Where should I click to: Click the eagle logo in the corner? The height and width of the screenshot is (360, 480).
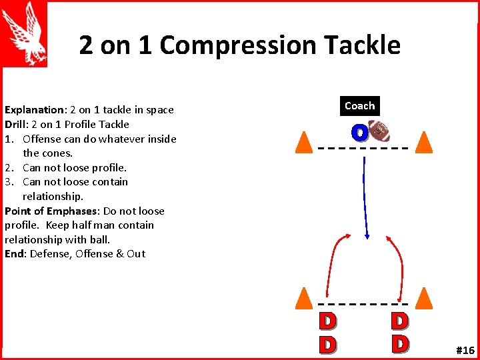(x=25, y=33)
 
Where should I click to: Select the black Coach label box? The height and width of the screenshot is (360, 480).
(x=359, y=106)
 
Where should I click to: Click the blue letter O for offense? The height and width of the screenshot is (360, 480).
(x=359, y=133)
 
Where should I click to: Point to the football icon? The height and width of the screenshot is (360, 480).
(x=379, y=131)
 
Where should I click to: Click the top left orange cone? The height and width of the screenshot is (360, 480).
(x=304, y=142)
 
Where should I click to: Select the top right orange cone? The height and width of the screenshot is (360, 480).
(x=423, y=142)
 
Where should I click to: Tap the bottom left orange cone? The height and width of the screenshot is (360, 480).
(x=304, y=298)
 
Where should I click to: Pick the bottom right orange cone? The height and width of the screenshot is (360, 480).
(x=423, y=298)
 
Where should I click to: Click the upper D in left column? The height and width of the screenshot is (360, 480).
(x=327, y=321)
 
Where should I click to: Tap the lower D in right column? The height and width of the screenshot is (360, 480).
(x=399, y=343)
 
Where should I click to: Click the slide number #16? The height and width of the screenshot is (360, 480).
(x=465, y=350)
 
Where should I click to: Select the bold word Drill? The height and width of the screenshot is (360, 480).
(x=16, y=125)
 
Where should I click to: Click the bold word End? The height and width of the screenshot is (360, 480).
(x=15, y=254)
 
